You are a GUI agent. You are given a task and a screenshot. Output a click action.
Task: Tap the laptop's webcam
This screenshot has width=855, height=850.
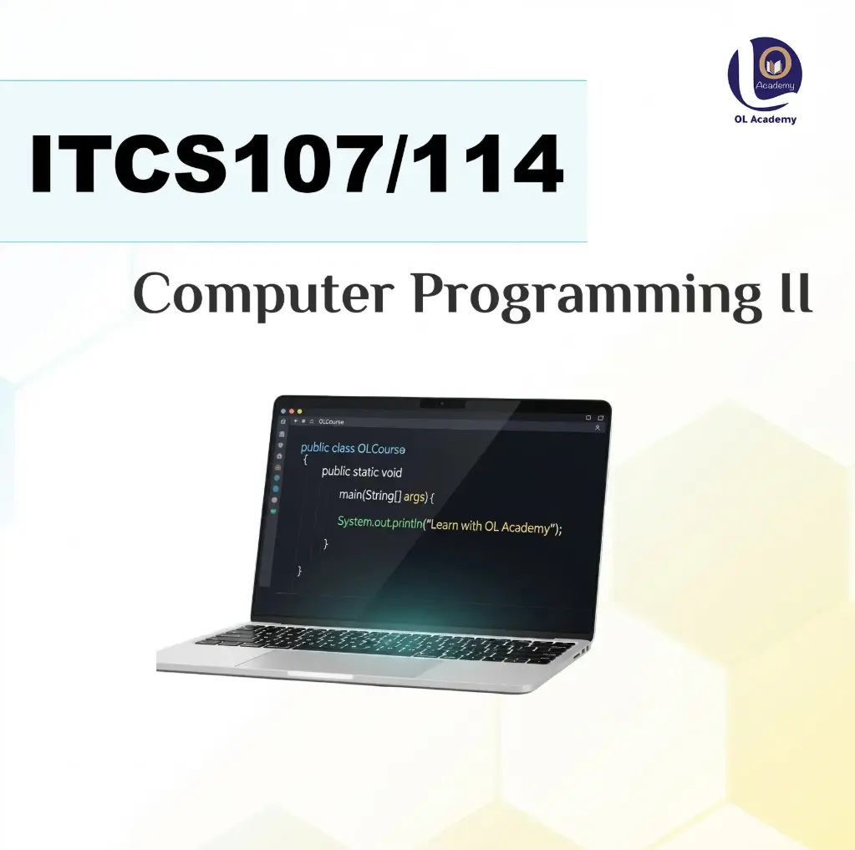442,405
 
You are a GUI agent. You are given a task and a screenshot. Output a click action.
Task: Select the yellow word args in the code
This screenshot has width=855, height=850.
415,496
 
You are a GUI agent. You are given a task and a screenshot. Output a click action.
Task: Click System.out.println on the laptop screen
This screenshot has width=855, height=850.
379,522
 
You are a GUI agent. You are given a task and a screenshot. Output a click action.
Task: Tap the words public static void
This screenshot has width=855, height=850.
362,472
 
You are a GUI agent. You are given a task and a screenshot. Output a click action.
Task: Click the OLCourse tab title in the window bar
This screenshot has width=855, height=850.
331,422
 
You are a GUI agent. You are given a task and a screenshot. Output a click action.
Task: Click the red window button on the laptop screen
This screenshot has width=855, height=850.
283,411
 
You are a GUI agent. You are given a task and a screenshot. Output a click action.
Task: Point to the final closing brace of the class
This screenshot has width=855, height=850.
299,570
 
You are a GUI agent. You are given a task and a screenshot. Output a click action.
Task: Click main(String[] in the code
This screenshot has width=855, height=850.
369,496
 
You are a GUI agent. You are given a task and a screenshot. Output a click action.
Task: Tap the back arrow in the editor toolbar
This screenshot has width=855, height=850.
295,421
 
